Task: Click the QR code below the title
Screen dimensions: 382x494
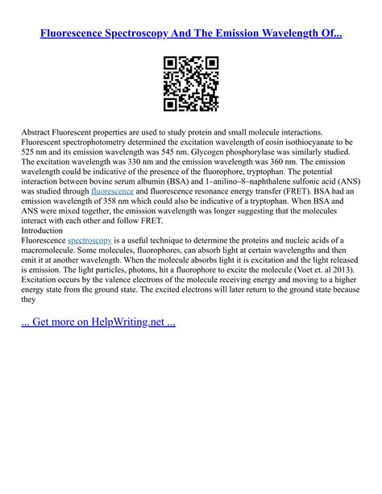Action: (x=190, y=84)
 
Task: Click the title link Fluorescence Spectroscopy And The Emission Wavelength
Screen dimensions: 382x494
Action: (x=190, y=35)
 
